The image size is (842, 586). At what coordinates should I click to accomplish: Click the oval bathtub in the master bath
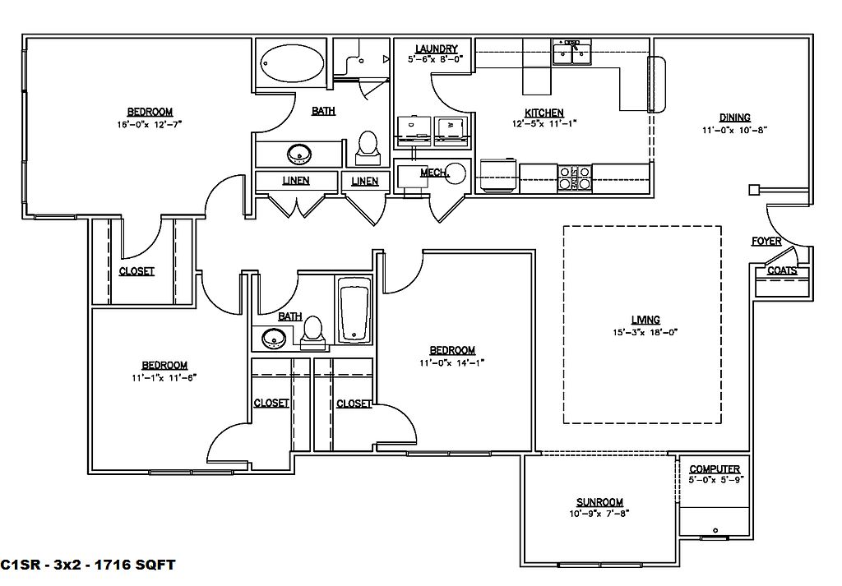[293, 64]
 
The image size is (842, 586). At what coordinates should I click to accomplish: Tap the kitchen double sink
[572, 53]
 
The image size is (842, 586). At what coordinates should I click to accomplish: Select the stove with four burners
[575, 178]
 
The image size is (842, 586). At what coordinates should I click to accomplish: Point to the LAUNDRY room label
[436, 48]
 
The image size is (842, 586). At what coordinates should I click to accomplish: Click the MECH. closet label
[434, 173]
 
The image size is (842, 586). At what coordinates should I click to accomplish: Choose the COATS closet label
[782, 270]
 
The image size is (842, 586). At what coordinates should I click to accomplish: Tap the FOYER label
[766, 242]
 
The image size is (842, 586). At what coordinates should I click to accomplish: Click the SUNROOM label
[599, 502]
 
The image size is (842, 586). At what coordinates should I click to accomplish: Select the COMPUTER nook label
[715, 469]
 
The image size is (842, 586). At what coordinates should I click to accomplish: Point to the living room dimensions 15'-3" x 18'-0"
[645, 332]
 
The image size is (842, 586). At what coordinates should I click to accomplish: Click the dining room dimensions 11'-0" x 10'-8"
[734, 130]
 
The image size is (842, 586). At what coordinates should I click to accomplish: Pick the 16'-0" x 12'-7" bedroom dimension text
[150, 124]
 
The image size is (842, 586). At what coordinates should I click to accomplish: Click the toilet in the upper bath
[368, 149]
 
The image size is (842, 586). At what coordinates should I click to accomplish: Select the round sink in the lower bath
[274, 338]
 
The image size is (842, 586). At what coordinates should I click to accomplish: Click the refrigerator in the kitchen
[499, 176]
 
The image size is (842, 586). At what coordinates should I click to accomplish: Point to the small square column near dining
[755, 189]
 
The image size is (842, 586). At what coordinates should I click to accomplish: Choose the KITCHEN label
[544, 113]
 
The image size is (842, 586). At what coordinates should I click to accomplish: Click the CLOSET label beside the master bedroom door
[136, 271]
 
